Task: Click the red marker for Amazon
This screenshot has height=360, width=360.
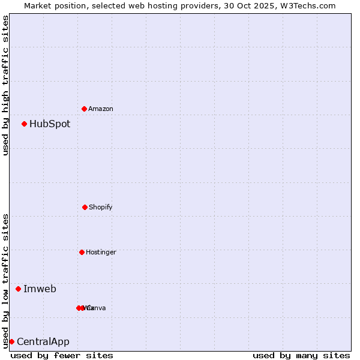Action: tap(84, 109)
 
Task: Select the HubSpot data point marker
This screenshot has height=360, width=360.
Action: tap(24, 124)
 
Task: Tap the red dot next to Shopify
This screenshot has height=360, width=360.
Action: tap(85, 207)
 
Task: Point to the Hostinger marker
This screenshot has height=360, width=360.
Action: tap(82, 252)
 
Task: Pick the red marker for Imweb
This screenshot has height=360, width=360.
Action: tap(18, 289)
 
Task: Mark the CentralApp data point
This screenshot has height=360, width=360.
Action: tap(11, 341)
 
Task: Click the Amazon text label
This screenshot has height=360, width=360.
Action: tap(101, 109)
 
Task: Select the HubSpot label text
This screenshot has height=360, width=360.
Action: tap(50, 124)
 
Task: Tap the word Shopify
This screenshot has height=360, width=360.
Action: tap(101, 207)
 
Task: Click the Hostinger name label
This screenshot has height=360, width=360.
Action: tap(101, 252)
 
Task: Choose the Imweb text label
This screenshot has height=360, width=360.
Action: tap(40, 289)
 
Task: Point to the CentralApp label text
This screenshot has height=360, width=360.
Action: tap(43, 342)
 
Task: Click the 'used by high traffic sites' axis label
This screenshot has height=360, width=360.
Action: tap(5, 85)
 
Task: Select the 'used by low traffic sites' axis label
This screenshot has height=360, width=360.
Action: tap(5, 280)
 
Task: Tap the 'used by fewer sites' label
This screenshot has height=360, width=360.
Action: tap(62, 355)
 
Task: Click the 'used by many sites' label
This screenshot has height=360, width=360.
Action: tap(301, 355)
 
